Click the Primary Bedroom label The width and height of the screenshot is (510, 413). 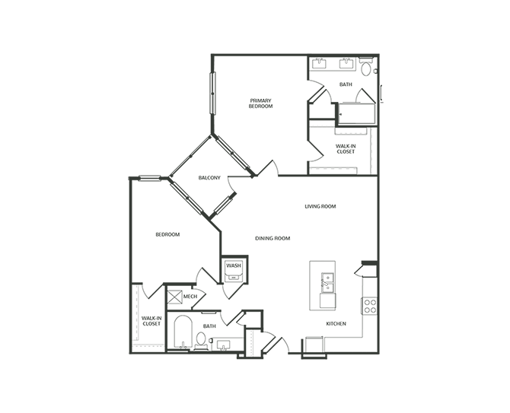[x=260, y=103]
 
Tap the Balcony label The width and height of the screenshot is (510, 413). [x=209, y=178]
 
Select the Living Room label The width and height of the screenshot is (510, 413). [x=320, y=206]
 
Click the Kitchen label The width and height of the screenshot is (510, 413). [x=336, y=324]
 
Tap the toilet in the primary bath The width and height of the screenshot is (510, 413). [x=366, y=69]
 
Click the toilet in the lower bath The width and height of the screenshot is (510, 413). [x=202, y=339]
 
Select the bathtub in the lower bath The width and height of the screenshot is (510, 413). [x=183, y=332]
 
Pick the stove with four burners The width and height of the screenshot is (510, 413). [x=371, y=306]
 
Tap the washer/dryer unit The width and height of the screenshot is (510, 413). [x=233, y=270]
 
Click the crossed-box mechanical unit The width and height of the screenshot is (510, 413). [x=174, y=296]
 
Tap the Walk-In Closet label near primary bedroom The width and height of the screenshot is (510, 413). [x=345, y=148]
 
